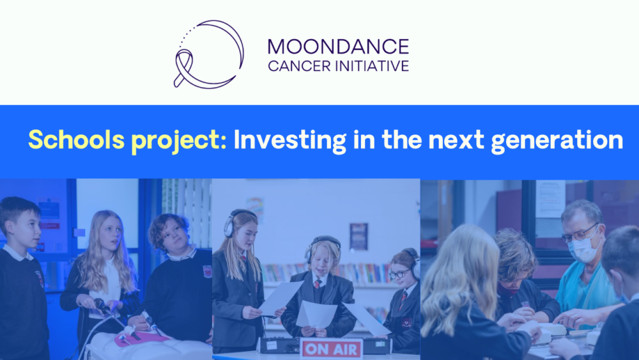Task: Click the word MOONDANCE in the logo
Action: pos(338,47)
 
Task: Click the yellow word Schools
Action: pos(76,140)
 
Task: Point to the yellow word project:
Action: pos(179,141)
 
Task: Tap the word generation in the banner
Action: pos(557,141)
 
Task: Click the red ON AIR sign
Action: pos(331,348)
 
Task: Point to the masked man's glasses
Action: pos(579,233)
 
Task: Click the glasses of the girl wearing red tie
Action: pos(400,274)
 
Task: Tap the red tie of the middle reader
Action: pos(318,284)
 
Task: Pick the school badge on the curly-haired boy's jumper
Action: pos(208,271)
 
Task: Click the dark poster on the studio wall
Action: pos(358,236)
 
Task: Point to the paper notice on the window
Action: pos(550,199)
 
